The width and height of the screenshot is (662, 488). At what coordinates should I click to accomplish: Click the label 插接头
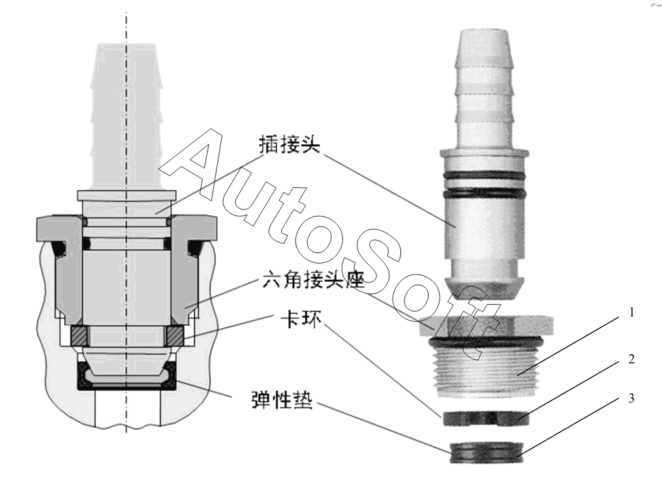pyautogui.click(x=290, y=145)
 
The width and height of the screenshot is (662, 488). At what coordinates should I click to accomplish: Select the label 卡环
pyautogui.click(x=301, y=320)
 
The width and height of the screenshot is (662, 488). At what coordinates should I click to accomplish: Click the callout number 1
pyautogui.click(x=631, y=313)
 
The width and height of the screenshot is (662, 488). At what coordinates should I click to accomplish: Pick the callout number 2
pyautogui.click(x=631, y=359)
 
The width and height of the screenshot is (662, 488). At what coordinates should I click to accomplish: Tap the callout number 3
pyautogui.click(x=631, y=398)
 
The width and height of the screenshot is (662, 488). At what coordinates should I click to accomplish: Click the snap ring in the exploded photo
pyautogui.click(x=485, y=418)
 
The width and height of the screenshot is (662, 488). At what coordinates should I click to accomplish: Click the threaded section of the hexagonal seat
pyautogui.click(x=485, y=371)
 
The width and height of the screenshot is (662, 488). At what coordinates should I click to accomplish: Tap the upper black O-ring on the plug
pyautogui.click(x=484, y=175)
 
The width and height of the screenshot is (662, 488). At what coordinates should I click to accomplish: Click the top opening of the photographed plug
pyautogui.click(x=484, y=32)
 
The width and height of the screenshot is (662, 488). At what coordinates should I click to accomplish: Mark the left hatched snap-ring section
pyautogui.click(x=80, y=336)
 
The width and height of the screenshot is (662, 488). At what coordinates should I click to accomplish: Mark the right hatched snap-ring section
pyautogui.click(x=174, y=336)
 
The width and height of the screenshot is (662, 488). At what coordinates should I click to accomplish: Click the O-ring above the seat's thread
pyautogui.click(x=485, y=343)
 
